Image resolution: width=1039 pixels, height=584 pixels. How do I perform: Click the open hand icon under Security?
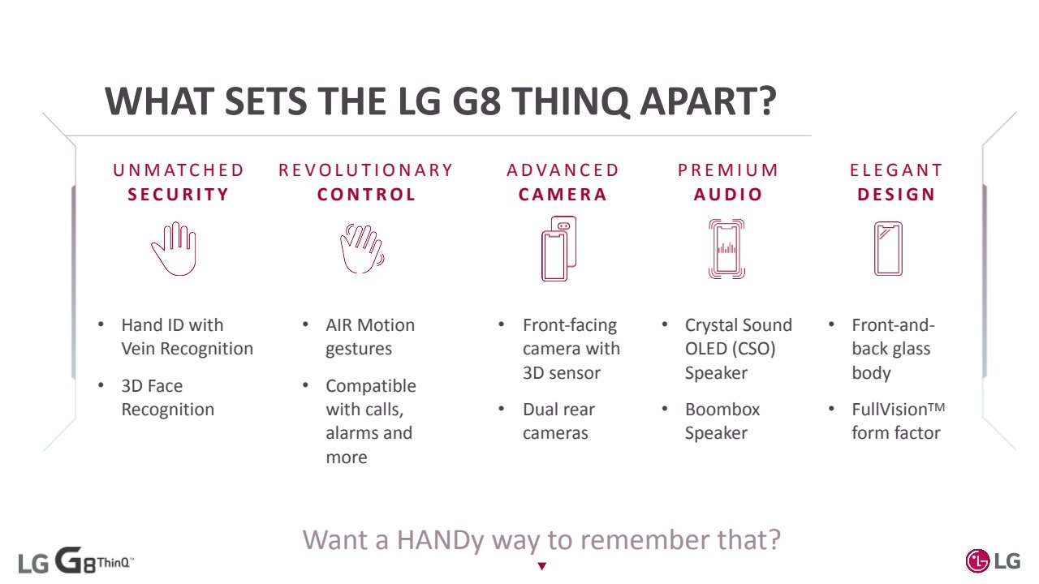coord(175,249)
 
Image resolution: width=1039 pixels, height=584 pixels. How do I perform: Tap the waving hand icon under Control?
coord(362,249)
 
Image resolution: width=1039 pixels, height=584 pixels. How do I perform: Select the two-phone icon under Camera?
coord(559,248)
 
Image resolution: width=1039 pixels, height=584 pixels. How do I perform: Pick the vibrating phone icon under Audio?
coord(726,249)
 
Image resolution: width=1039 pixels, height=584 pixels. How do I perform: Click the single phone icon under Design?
coord(888,249)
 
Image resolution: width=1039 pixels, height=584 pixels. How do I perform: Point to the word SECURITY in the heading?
coord(179,194)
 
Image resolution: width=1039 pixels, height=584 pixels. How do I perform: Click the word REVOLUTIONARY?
coord(365,170)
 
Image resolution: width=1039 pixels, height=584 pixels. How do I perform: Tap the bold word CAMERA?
coord(563,194)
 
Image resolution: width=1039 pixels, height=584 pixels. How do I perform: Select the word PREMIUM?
coord(728,170)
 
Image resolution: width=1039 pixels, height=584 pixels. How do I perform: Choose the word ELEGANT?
coord(896,170)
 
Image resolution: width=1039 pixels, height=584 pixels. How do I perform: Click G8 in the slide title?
coord(476,101)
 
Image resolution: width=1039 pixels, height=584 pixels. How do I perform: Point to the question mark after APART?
coord(768,101)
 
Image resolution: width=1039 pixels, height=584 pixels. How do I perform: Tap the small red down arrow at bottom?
coord(541,566)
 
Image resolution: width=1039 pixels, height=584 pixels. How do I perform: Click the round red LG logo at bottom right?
coord(977,560)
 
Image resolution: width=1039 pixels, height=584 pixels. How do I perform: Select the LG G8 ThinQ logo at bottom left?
coord(76,560)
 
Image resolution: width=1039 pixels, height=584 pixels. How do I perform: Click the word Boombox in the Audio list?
coord(722,410)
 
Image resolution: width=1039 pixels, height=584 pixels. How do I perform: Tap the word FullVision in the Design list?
coord(889,410)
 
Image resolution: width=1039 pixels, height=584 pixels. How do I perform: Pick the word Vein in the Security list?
coord(138,349)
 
